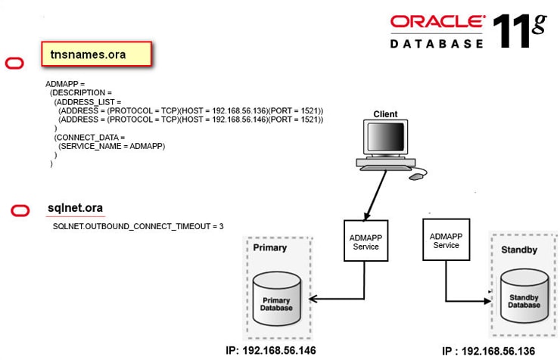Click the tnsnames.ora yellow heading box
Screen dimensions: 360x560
(97, 54)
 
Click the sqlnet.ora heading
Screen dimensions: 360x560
(75, 208)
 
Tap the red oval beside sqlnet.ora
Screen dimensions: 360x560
(21, 211)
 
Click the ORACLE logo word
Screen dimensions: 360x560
(437, 22)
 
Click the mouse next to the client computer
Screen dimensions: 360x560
(416, 177)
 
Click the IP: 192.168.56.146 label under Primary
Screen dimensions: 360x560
(270, 351)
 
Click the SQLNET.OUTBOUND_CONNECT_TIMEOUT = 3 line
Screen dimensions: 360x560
(138, 226)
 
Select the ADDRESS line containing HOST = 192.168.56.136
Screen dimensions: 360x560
(191, 111)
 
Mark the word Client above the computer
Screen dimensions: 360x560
(385, 114)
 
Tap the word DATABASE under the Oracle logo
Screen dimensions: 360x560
(437, 44)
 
